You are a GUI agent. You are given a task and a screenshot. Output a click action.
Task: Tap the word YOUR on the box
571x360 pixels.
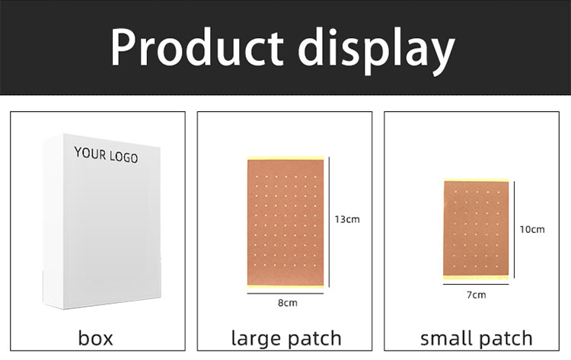pyautogui.click(x=91, y=154)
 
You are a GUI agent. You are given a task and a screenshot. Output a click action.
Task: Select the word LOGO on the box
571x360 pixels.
pyautogui.click(x=124, y=158)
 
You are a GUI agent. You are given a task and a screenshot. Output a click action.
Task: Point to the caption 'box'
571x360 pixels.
pyautogui.click(x=95, y=337)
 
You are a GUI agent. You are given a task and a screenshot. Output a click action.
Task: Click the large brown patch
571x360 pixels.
pyautogui.click(x=285, y=221)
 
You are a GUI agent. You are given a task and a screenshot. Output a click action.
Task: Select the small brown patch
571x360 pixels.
pyautogui.click(x=476, y=228)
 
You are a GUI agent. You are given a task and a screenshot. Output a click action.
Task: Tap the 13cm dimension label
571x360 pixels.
pyautogui.click(x=346, y=219)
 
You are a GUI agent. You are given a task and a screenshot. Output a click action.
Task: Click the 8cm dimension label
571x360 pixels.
pyautogui.click(x=286, y=303)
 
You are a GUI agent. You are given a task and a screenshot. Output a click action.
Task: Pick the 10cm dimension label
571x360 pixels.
pyautogui.click(x=532, y=229)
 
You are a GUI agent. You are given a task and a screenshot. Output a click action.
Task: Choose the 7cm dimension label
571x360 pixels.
pyautogui.click(x=477, y=295)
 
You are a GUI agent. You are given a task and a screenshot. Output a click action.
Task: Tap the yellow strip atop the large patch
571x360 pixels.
pyautogui.click(x=285, y=159)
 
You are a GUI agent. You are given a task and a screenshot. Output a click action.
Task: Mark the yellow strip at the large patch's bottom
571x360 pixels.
pyautogui.click(x=285, y=285)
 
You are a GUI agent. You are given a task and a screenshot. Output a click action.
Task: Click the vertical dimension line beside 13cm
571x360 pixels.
pyautogui.click(x=328, y=221)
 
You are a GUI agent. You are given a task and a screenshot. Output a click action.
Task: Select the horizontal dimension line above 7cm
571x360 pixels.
pyautogui.click(x=476, y=285)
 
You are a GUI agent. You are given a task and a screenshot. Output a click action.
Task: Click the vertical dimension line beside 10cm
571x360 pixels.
pyautogui.click(x=515, y=228)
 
